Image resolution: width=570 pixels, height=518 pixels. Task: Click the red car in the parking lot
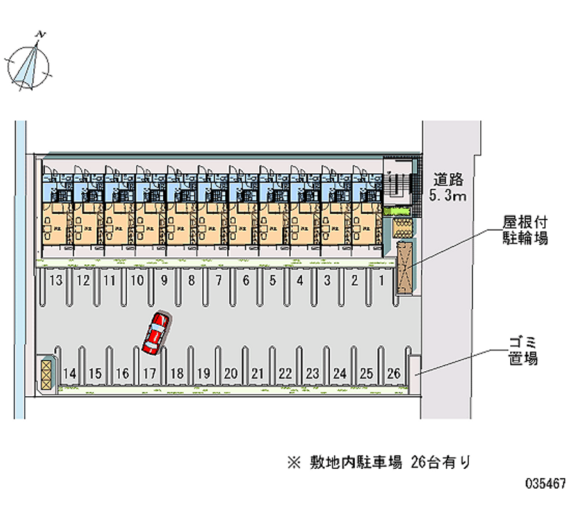point(155,333)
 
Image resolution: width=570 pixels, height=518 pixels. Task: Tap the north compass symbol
point(29,64)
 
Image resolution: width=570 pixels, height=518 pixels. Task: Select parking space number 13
point(57,281)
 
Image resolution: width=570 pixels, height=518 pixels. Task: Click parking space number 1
point(382,281)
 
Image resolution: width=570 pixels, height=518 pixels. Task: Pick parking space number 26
point(393,373)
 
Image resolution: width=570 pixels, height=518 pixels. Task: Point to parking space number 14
point(70,373)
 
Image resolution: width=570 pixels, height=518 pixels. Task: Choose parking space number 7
point(218,281)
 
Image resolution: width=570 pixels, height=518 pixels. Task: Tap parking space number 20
point(230,373)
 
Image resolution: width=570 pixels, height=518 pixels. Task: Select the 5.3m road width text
point(447,197)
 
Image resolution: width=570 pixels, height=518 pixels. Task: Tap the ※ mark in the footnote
point(294,462)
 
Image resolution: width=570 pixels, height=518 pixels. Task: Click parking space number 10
point(138,281)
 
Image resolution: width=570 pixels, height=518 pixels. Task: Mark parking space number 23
point(312,373)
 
